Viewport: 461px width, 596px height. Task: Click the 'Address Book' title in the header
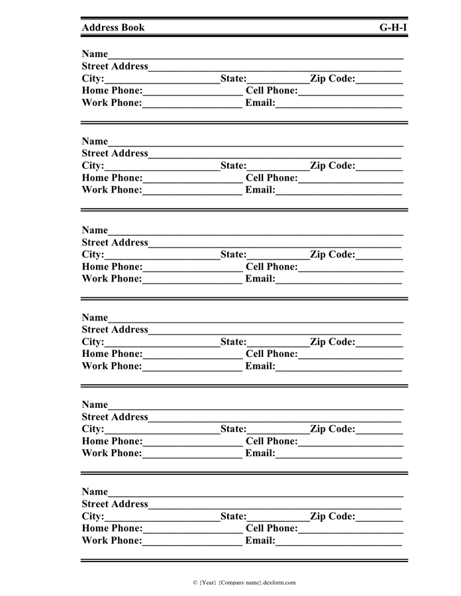[113, 28]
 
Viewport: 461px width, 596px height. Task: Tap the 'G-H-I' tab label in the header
[393, 28]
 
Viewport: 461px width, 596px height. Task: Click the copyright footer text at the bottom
[244, 583]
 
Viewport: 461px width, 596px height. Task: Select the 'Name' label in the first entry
[95, 54]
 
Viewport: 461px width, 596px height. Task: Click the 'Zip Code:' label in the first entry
[333, 79]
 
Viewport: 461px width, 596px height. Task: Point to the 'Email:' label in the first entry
[260, 103]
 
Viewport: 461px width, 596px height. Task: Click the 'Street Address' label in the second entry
[115, 154]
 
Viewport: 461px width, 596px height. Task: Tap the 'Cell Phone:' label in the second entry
[272, 178]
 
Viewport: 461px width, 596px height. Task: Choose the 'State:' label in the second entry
[233, 166]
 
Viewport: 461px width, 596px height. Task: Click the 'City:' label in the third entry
[93, 255]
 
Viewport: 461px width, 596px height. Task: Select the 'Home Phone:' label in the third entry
[112, 267]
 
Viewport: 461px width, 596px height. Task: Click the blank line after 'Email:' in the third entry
[338, 280]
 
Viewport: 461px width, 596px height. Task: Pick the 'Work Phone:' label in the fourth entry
[112, 366]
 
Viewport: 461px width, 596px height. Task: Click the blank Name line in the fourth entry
[255, 319]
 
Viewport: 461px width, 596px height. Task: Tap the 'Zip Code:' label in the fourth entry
[333, 342]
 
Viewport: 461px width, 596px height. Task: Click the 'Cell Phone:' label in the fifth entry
[272, 442]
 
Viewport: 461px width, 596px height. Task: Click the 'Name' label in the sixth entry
[95, 492]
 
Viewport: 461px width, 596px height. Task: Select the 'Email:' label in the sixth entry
[260, 541]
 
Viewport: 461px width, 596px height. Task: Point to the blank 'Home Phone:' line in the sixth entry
[192, 530]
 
